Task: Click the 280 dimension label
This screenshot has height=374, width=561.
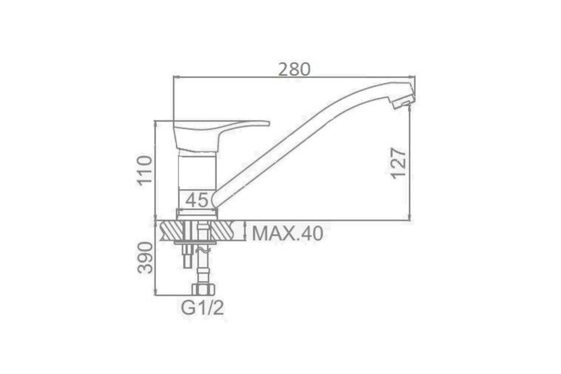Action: pos(294,70)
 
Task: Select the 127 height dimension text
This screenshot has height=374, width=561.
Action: pos(398,163)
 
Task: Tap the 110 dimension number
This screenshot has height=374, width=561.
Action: pos(144,171)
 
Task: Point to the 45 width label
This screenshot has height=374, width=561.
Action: pos(197,200)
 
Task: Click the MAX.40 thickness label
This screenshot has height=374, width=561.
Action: pos(288,234)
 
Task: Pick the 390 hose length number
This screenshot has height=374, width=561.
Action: pos(145,258)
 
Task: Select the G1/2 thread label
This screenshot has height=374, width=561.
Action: pos(202,308)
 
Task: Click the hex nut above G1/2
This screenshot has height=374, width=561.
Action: pos(203,289)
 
